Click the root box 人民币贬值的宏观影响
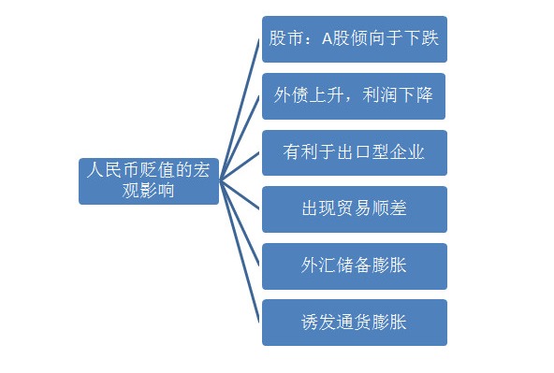click(x=148, y=180)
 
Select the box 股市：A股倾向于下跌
click(x=354, y=39)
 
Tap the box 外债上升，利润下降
click(x=354, y=95)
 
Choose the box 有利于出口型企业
click(x=354, y=152)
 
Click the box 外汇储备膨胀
click(x=354, y=265)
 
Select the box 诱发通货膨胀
click(x=354, y=323)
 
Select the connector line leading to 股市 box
click(x=239, y=108)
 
